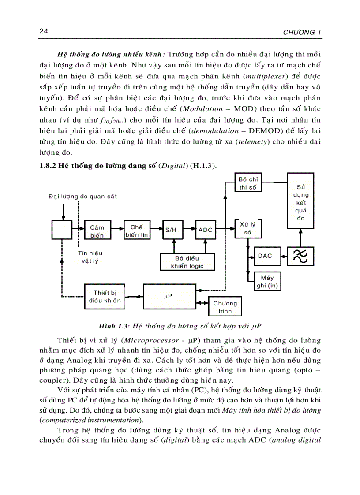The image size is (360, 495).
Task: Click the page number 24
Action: click(x=43, y=31)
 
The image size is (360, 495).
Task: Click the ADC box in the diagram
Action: click(x=205, y=230)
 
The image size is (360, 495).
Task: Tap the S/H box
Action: click(x=171, y=230)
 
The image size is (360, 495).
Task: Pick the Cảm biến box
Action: click(x=97, y=231)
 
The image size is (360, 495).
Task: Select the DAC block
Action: click(x=265, y=256)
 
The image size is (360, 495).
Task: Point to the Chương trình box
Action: click(x=225, y=307)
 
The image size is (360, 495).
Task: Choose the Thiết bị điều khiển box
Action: click(x=105, y=297)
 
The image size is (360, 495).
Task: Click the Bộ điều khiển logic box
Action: click(x=187, y=262)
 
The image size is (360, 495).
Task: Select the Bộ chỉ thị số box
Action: click(x=247, y=183)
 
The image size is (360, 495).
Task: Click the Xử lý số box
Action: click(x=247, y=227)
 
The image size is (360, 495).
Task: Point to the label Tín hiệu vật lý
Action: click(x=90, y=257)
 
